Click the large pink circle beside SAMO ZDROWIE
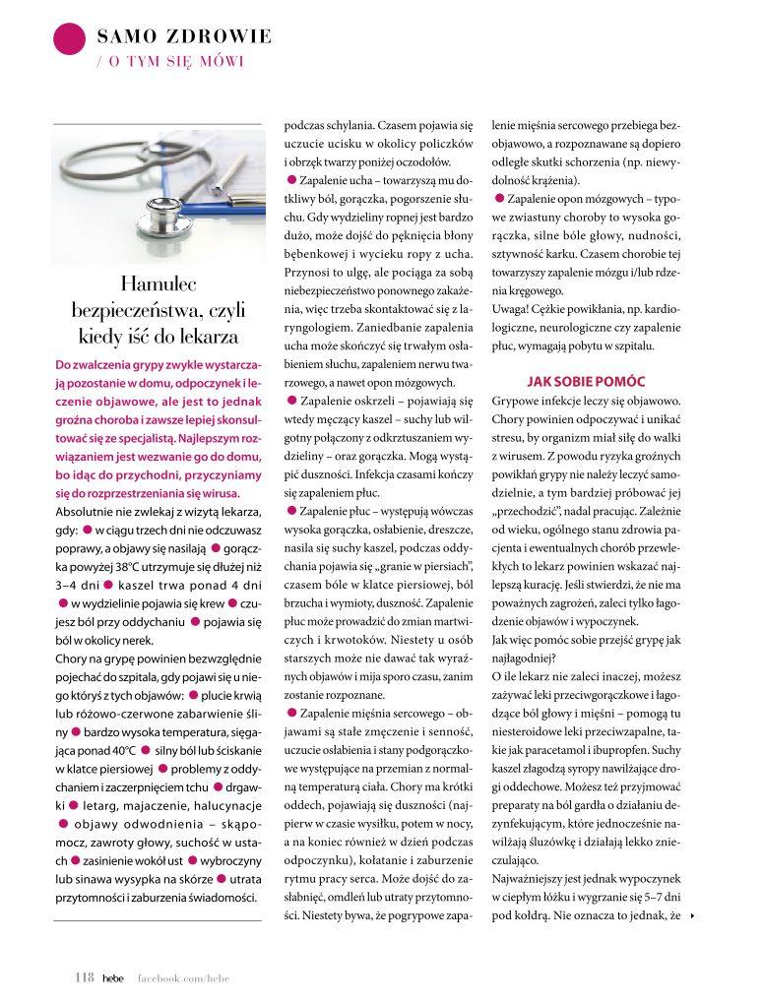point(69,39)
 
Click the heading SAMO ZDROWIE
point(184,37)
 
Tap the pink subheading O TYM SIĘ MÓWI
point(169,61)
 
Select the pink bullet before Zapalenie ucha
point(291,178)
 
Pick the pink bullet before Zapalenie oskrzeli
point(291,400)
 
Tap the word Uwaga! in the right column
point(511,309)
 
